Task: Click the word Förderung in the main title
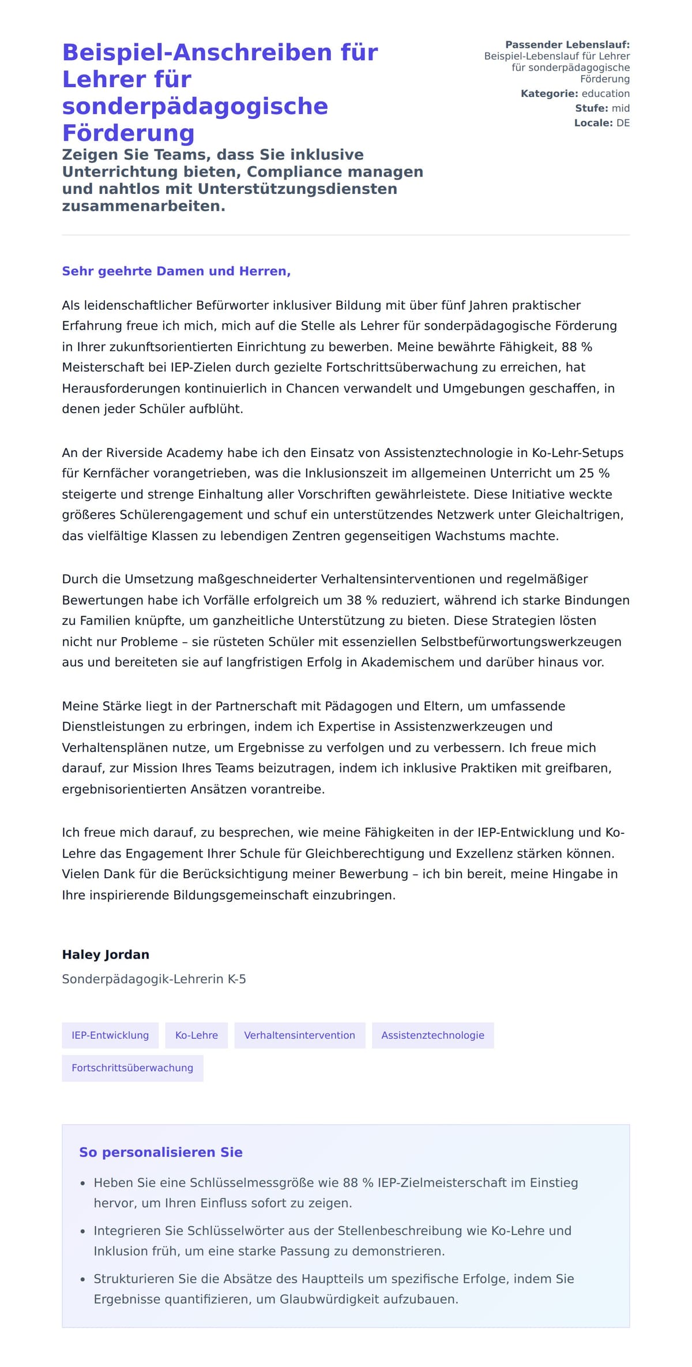coord(128,133)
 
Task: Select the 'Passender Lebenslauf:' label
coord(567,45)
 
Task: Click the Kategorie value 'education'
coord(605,93)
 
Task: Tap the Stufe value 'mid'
coord(620,108)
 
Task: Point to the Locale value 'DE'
coord(623,123)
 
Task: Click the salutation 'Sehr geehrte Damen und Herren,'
coord(176,271)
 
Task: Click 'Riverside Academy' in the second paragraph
coord(165,453)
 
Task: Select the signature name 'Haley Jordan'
coord(106,955)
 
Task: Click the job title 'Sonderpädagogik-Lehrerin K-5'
coord(154,979)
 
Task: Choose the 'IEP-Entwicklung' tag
coord(110,1035)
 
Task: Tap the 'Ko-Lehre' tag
coord(196,1035)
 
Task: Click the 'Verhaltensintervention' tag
coord(299,1035)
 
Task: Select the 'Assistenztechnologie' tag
coord(432,1035)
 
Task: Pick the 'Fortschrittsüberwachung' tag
coord(132,1068)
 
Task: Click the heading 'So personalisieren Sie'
coord(160,1152)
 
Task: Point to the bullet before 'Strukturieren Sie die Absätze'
coord(83,1280)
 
